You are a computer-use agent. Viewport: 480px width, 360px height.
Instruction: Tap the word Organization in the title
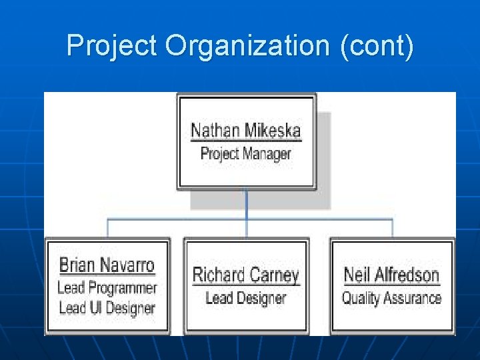(x=247, y=47)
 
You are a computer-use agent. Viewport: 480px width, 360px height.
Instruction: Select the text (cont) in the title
(x=376, y=47)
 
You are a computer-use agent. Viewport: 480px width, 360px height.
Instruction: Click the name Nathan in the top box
(x=215, y=130)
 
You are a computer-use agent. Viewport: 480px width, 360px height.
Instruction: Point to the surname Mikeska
(x=273, y=130)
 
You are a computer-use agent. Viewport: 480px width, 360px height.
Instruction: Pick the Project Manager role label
(x=246, y=154)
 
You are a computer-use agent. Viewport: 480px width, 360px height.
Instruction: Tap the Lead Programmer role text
(x=107, y=288)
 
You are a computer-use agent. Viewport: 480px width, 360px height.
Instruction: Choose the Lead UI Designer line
(x=107, y=308)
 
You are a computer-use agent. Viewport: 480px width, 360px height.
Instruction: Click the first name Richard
(x=216, y=275)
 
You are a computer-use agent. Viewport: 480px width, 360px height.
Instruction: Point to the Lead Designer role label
(x=246, y=298)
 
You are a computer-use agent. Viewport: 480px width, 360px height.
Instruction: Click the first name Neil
(x=357, y=275)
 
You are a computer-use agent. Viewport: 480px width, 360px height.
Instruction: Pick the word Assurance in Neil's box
(x=415, y=298)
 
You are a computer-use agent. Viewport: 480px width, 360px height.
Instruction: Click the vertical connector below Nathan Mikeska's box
(x=246, y=203)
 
